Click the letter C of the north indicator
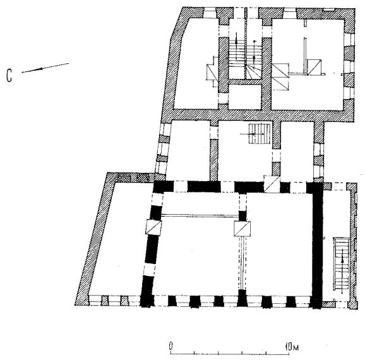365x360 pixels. point(9,75)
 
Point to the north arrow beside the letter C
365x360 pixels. point(45,68)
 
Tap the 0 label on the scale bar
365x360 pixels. point(171,346)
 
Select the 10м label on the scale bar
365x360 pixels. point(292,347)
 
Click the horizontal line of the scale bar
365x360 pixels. point(230,354)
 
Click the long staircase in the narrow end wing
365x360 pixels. point(342,263)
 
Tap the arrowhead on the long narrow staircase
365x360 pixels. point(342,261)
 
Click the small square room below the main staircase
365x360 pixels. point(244,97)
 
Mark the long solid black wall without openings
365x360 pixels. point(318,246)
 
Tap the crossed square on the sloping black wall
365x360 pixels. point(153,227)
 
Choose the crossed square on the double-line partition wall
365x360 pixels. point(242,229)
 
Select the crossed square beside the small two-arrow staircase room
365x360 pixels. point(272,184)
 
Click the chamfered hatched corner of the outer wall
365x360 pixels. point(177,26)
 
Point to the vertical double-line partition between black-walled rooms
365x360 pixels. point(242,263)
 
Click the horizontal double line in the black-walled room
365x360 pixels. point(200,215)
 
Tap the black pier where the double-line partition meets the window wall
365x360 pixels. point(242,298)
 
